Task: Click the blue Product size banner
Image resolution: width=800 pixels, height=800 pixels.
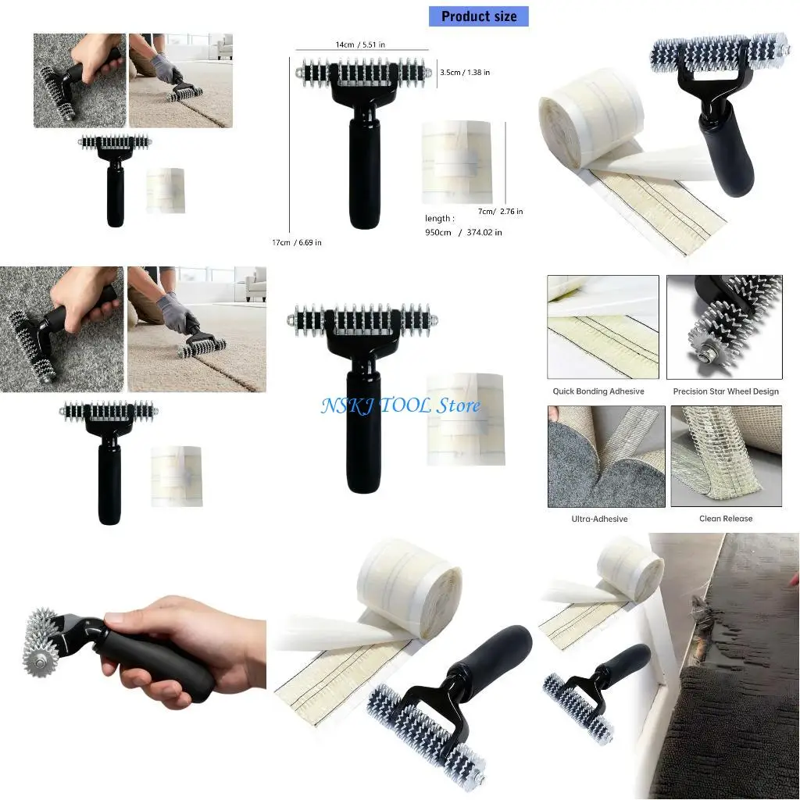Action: coord(478,16)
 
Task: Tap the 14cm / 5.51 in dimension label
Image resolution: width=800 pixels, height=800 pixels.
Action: coord(361,45)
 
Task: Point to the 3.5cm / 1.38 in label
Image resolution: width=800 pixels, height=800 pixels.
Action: coord(465,72)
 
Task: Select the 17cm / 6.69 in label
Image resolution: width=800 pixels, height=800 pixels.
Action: coord(296,242)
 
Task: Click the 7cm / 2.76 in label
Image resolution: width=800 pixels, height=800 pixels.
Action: coord(501,211)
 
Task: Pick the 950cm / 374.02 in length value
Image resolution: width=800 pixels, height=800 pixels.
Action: coord(463,232)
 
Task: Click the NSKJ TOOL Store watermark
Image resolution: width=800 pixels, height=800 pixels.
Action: coord(401,405)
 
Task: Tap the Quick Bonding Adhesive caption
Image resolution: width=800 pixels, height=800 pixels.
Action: coord(598,391)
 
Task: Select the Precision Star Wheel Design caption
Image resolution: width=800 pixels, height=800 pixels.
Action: coord(726,391)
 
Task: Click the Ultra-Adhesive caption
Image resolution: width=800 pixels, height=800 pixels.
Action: coord(599,519)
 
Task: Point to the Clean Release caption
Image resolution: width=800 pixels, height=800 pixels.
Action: coord(726,519)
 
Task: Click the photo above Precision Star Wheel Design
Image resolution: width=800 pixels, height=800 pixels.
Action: coord(724,327)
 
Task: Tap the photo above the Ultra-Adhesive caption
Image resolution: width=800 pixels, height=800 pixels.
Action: coord(606,456)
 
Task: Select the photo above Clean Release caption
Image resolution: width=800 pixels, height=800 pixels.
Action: coord(726,456)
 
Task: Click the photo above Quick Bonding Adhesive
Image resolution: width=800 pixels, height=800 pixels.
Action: coord(602,327)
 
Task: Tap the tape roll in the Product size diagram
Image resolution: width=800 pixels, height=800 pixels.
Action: coord(456,162)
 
